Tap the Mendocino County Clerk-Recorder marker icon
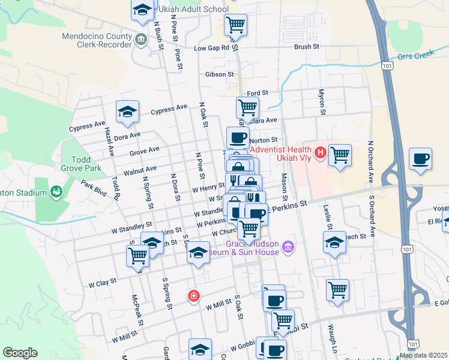click(141, 40)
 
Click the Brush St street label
click(306, 46)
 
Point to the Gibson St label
click(219, 74)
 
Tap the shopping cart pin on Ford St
click(247, 108)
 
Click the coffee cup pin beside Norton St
click(238, 138)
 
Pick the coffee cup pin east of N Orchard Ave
click(421, 159)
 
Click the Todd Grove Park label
click(80, 164)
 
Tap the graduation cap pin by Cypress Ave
click(127, 112)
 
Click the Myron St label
click(321, 102)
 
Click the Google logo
click(20, 353)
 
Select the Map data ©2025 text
click(423, 355)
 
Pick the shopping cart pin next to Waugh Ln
click(338, 290)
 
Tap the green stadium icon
click(56, 192)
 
